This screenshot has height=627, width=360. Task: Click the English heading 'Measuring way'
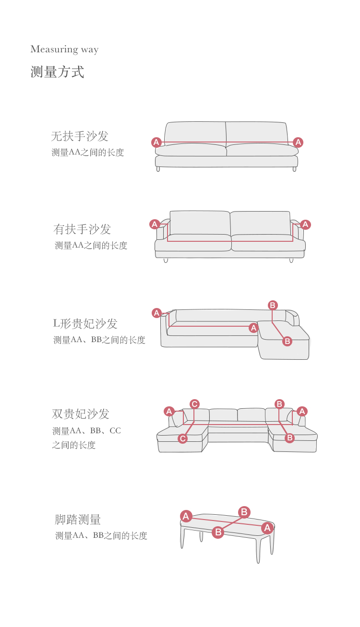tap(64, 49)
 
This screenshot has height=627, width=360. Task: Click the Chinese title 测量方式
tap(57, 72)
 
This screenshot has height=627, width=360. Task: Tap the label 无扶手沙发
tap(80, 136)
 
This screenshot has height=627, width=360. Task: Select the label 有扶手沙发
tap(82, 229)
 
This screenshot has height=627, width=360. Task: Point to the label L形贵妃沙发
tap(85, 324)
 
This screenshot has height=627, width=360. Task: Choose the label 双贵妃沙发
tap(81, 414)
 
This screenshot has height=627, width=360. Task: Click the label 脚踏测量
tap(78, 520)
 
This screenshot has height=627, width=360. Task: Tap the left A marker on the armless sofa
tap(156, 142)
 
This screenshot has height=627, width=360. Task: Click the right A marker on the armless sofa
tap(298, 142)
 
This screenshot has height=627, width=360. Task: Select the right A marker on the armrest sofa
tap(305, 224)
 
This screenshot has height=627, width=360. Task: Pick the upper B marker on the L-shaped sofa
tap(273, 305)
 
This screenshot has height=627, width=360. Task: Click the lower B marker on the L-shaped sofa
tap(287, 341)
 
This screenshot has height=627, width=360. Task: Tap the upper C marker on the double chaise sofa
tap(194, 404)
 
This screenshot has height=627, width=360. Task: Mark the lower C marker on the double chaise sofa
tap(183, 438)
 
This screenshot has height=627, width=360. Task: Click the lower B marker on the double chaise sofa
tap(289, 438)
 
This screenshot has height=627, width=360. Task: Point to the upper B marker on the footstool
tap(244, 512)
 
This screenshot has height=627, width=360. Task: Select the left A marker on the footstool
tap(186, 516)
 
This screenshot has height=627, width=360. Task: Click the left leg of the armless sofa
tap(158, 169)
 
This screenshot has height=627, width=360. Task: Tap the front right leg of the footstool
tap(258, 552)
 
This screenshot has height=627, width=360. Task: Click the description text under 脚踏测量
tap(101, 536)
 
